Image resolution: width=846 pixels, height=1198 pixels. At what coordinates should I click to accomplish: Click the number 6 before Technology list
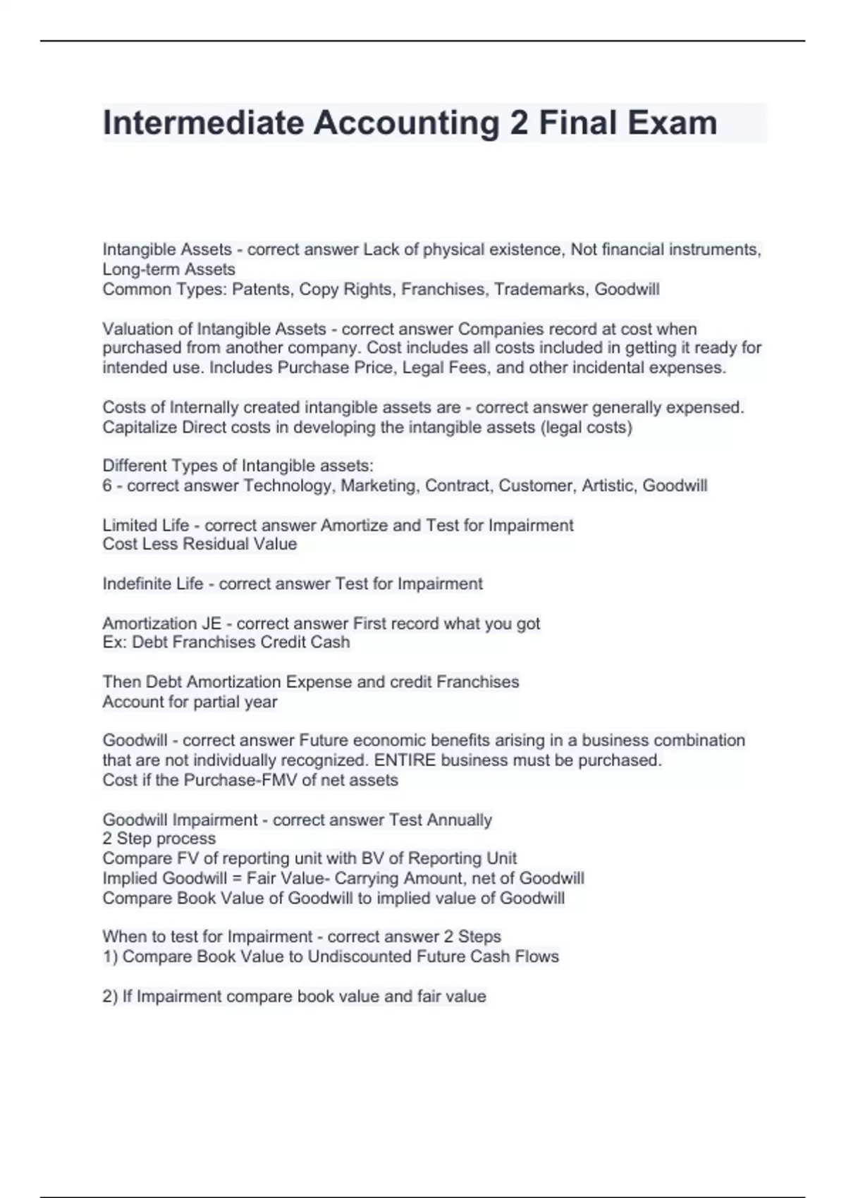pos(107,486)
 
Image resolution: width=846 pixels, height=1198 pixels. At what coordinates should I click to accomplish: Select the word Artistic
pos(608,486)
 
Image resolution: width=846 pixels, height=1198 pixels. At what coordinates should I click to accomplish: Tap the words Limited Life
pos(146,525)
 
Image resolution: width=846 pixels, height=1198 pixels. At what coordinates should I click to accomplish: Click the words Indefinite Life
pos(153,583)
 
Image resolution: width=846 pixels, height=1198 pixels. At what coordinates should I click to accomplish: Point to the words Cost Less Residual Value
pos(200,544)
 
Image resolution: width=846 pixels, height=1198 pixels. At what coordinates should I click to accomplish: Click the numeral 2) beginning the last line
pos(110,996)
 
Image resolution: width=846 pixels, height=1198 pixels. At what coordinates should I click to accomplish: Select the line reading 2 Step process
pos(159,839)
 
